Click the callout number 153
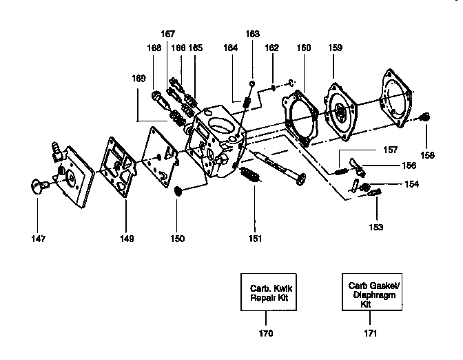(376, 226)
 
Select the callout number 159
(335, 48)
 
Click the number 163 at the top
(253, 33)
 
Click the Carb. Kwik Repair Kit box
(266, 295)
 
